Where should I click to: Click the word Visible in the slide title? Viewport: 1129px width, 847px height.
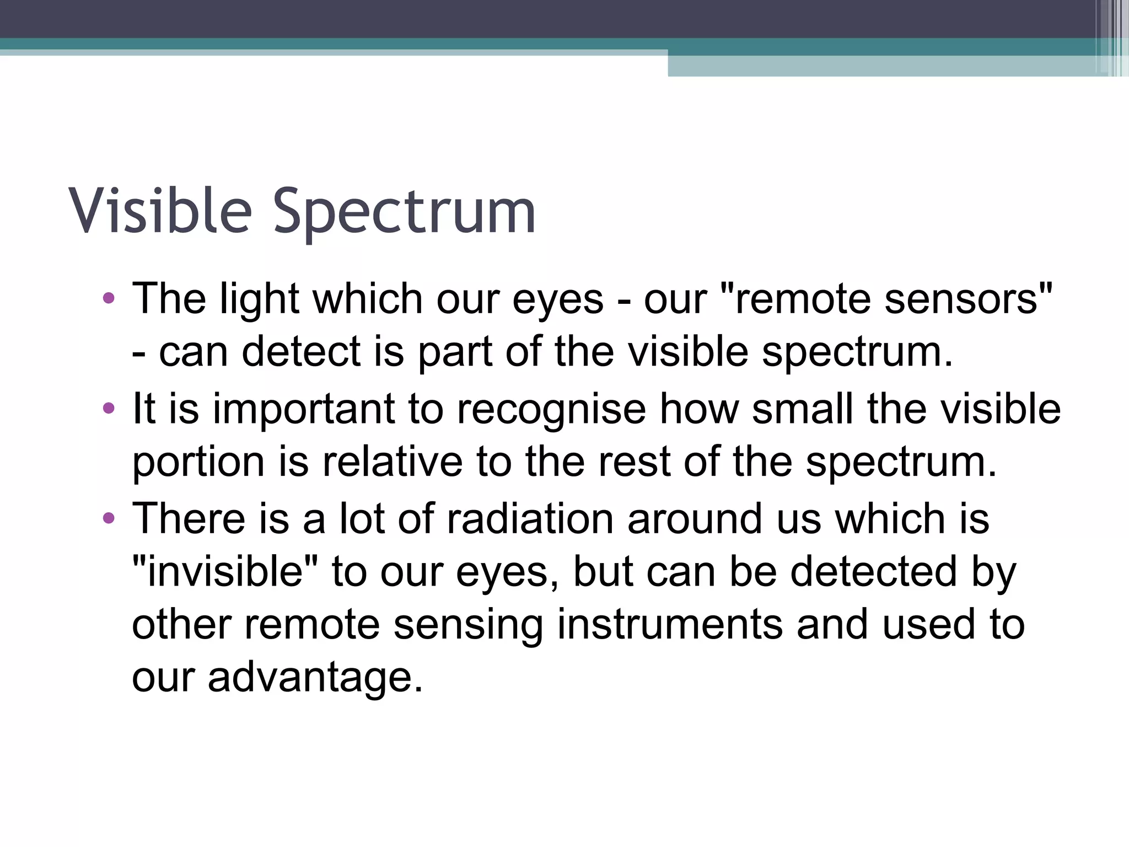[160, 211]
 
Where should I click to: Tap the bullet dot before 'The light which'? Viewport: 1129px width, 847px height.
[109, 298]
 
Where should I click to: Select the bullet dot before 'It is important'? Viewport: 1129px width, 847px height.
[109, 409]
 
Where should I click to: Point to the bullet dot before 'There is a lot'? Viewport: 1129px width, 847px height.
[109, 518]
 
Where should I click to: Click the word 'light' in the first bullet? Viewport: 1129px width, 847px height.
[259, 299]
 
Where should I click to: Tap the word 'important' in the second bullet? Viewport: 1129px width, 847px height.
[304, 410]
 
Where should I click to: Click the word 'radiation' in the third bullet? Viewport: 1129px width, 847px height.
[530, 519]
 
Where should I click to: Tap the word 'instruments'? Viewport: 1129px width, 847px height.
[669, 625]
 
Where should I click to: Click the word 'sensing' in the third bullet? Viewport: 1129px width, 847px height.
[468, 625]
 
